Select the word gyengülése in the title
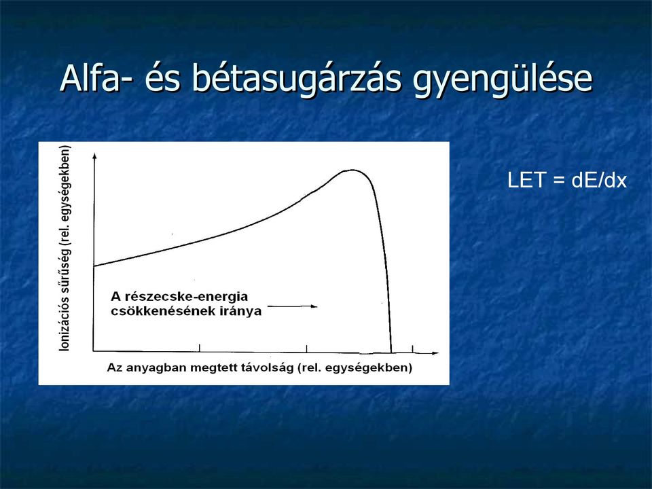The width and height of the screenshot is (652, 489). pos(503,81)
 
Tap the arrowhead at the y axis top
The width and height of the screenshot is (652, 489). pos(94,156)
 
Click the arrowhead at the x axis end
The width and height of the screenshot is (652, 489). pos(435,353)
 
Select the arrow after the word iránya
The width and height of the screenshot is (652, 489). pos(292,306)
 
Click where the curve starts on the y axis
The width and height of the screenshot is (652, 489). pos(94,266)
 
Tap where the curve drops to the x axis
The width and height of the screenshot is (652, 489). pos(391,352)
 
